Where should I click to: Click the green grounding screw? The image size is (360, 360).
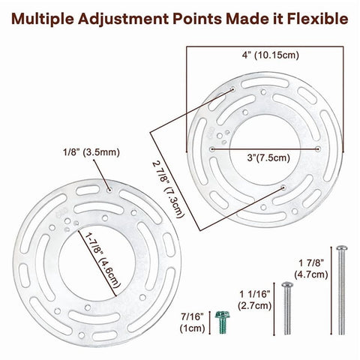point(222,322)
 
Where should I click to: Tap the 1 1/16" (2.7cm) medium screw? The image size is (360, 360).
point(287,309)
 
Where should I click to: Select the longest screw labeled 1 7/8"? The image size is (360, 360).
point(341,290)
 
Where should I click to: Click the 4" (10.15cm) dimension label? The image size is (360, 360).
point(270,55)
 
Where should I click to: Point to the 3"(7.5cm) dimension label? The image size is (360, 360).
point(268,157)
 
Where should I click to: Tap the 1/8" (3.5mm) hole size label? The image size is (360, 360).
point(91,152)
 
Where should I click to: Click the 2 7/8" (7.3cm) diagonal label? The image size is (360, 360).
point(169,189)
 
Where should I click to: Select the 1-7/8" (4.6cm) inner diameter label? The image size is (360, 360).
point(103,260)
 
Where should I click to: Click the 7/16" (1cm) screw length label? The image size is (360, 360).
point(192,322)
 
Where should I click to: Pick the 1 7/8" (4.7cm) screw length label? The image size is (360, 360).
point(311,268)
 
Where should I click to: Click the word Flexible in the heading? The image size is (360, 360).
point(317,19)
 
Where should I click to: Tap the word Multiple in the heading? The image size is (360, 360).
point(43,19)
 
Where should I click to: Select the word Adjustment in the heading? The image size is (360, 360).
point(123,19)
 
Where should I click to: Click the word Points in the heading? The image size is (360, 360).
point(197,19)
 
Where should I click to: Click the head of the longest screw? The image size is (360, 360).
point(341,248)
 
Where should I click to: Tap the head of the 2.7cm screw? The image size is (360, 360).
point(287,284)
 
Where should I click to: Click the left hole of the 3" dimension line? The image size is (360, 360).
point(212,149)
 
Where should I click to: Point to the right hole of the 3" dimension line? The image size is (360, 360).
point(318,149)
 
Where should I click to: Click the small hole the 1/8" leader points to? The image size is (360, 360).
point(109,190)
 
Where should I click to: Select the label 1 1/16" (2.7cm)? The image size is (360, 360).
point(255,300)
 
